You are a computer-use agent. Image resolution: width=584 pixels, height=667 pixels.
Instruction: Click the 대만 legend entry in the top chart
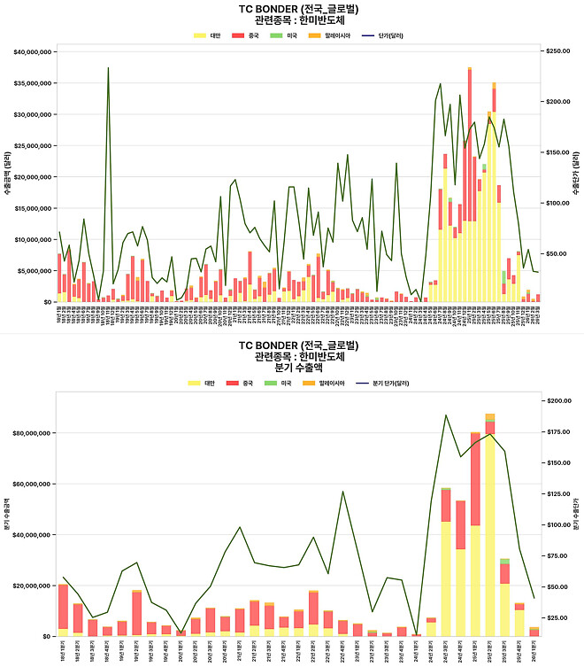(x=209, y=35)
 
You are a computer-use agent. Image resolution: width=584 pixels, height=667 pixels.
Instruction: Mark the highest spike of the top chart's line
(x=108, y=68)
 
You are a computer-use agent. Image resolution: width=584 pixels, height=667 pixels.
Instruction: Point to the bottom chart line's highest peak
(x=445, y=415)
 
